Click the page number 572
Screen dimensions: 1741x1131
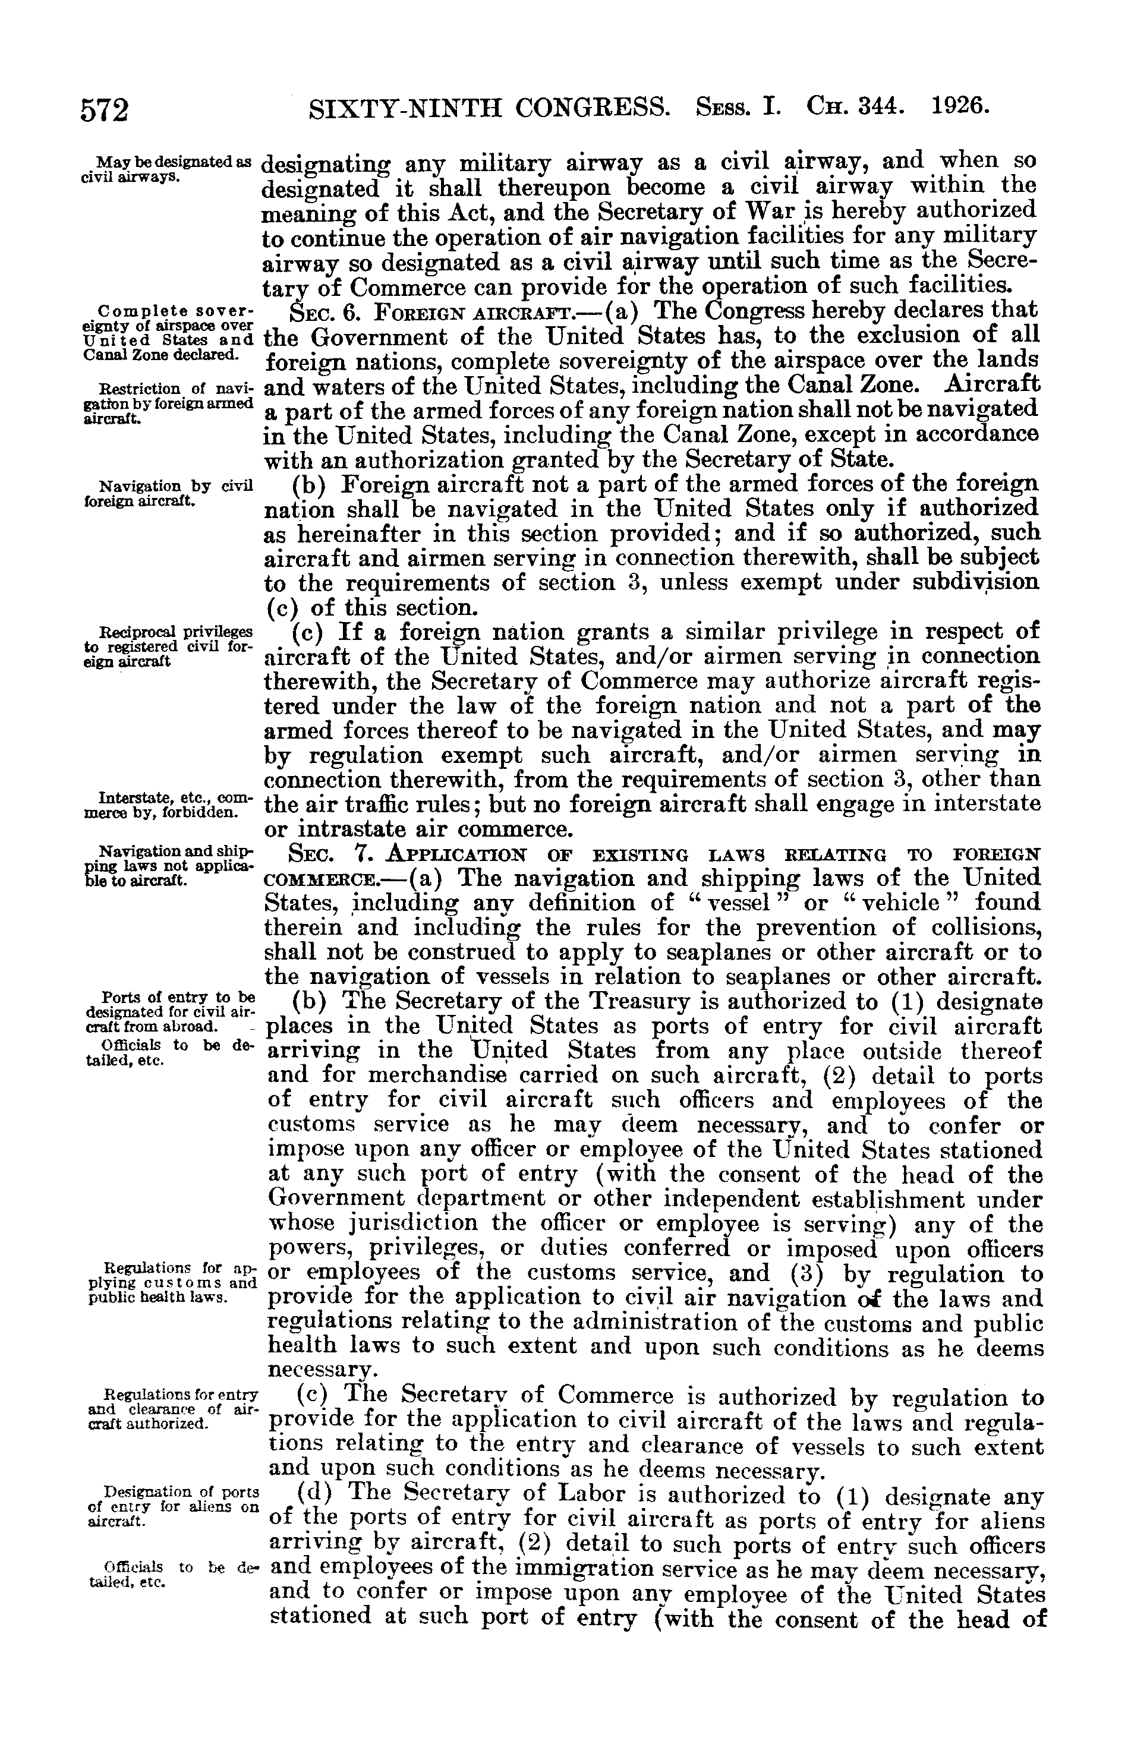(105, 110)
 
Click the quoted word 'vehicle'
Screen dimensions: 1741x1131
(901, 903)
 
